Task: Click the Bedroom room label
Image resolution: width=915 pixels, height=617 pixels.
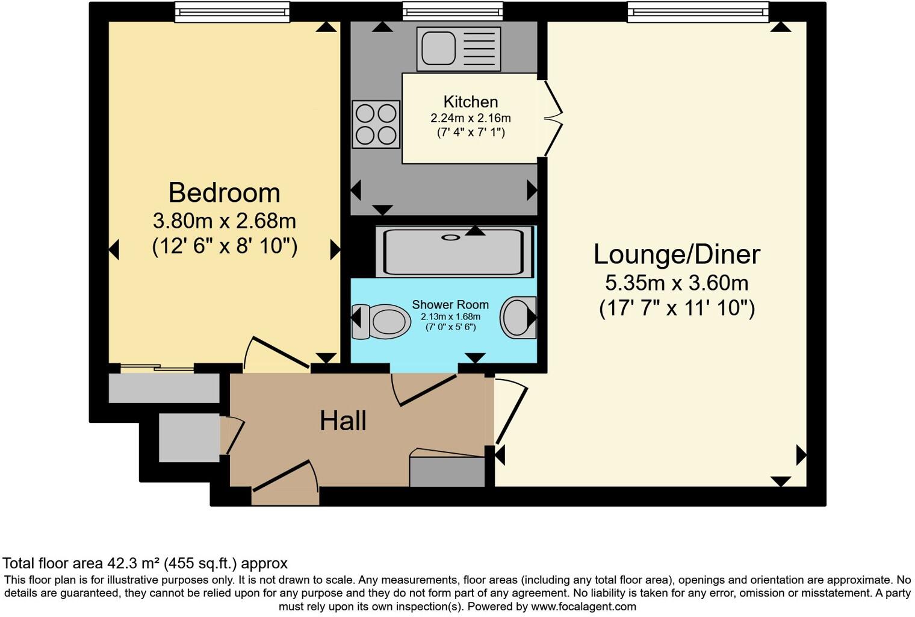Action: pos(224,193)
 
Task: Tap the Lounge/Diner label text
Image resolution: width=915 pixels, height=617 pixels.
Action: pos(677,254)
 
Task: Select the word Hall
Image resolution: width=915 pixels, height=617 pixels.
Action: pos(343,421)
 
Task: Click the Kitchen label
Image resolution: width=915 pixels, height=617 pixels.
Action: pos(470,102)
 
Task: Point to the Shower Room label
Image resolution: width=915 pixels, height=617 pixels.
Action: pos(450,305)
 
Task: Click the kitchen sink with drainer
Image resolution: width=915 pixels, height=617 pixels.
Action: pos(458,48)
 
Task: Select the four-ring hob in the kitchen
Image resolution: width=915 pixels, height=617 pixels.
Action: pos(376,124)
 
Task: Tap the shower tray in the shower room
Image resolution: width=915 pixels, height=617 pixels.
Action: pos(454,251)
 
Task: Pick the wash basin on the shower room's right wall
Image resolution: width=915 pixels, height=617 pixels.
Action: pos(518,317)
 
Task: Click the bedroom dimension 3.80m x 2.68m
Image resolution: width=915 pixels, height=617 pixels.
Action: pos(224,221)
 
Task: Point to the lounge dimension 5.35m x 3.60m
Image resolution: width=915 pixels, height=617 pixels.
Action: pos(677,283)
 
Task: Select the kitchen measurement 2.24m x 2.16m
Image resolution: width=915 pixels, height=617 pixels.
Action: pos(470,118)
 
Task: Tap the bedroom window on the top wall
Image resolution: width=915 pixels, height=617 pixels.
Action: pos(232,11)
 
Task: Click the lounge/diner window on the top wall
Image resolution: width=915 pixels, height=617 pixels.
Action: pos(698,11)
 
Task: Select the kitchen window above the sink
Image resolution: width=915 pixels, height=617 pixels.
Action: pos(452,11)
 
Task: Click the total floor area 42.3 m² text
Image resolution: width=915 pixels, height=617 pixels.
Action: pos(144,563)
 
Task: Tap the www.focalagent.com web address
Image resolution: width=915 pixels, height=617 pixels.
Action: pos(583,606)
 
